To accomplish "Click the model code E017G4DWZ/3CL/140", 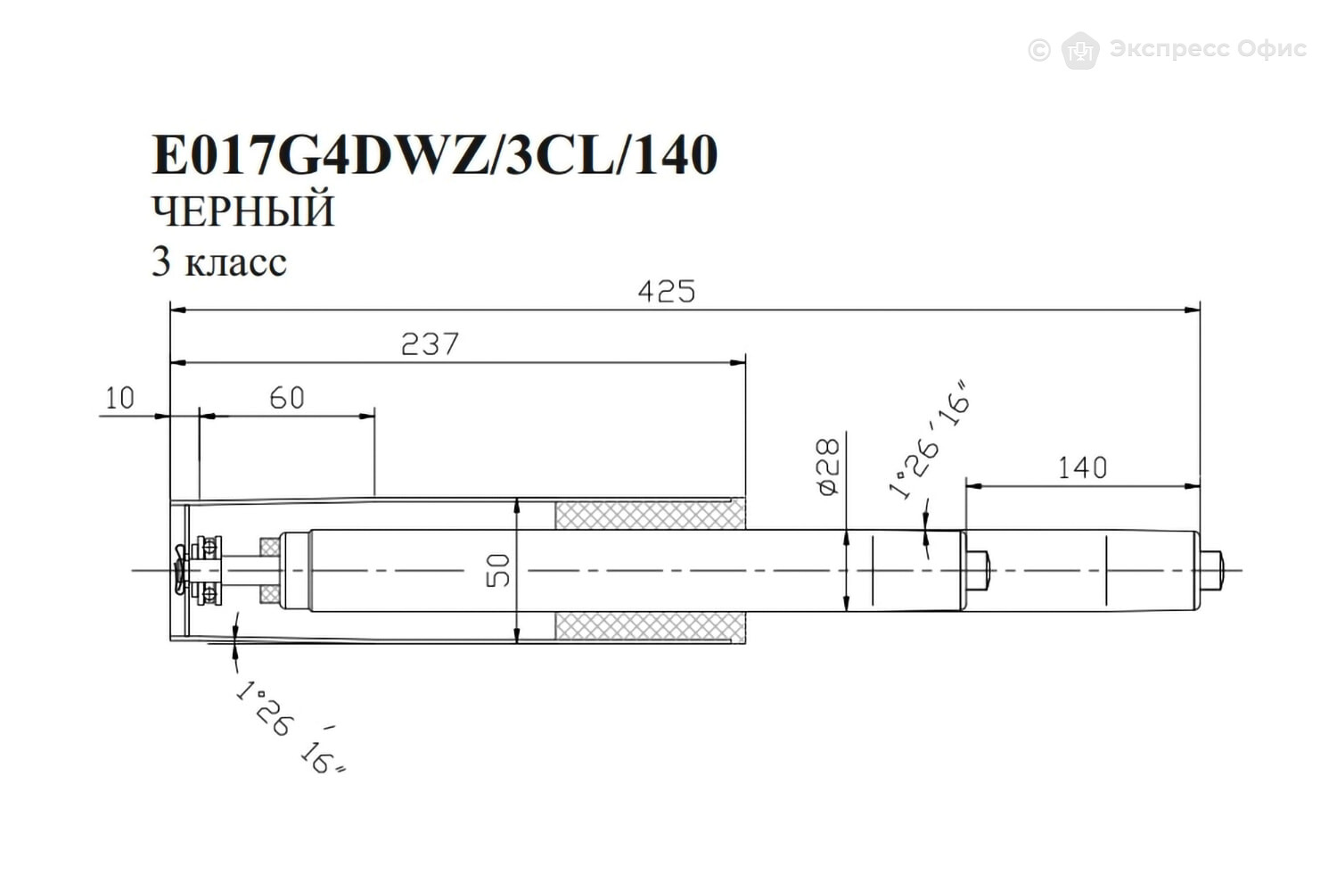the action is click(435, 154).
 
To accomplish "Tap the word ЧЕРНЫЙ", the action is click(243, 211).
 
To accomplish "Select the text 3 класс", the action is click(219, 261).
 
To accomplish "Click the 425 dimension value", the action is click(667, 292).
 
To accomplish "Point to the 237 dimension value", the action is click(430, 344).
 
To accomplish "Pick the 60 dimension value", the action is click(287, 398).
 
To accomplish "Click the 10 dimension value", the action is click(120, 398).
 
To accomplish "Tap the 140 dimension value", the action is click(1083, 467).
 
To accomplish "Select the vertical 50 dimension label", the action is click(498, 571).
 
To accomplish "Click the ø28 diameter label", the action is click(828, 467).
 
